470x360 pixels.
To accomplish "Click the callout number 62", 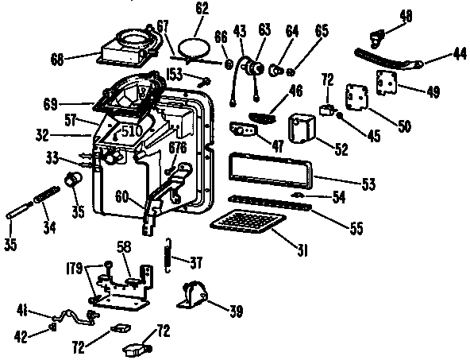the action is click(x=202, y=9).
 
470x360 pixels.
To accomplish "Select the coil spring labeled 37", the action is click(x=168, y=255).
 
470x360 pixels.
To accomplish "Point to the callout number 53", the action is click(x=368, y=184).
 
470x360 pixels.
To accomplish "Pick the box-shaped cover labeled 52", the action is click(x=301, y=129).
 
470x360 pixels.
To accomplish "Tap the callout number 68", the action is click(x=57, y=59).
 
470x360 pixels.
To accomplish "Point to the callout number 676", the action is click(x=178, y=148).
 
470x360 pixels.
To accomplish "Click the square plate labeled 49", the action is click(x=387, y=83).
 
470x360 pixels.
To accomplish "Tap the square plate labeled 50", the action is click(x=356, y=97).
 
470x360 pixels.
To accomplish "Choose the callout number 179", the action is click(x=74, y=268).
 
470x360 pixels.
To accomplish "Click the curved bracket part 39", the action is click(x=194, y=295).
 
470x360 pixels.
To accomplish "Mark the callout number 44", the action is click(x=460, y=54).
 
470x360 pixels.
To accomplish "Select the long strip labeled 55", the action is click(x=270, y=203).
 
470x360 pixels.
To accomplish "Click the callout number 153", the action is click(x=175, y=74).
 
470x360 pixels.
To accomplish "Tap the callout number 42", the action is click(x=21, y=336).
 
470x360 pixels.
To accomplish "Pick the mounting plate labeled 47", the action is click(x=244, y=130).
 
